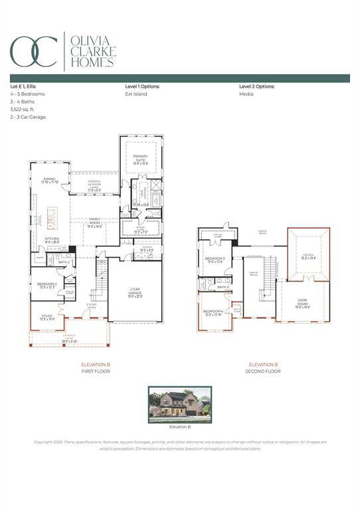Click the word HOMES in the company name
92,62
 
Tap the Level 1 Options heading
142,86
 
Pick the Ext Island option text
136,94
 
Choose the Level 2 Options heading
257,86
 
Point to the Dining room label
50,179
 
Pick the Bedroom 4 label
213,312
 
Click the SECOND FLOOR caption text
264,371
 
